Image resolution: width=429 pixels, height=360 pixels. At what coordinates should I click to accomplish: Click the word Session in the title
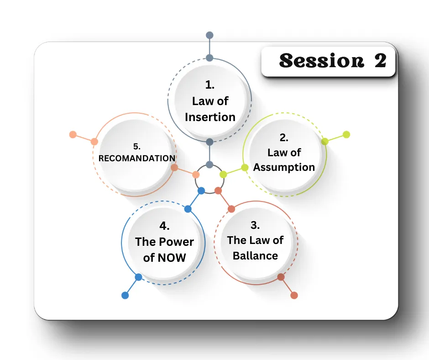click(321, 61)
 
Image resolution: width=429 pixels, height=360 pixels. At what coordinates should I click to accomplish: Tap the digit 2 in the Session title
click(380, 61)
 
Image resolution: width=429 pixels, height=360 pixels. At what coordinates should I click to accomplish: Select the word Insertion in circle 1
click(210, 117)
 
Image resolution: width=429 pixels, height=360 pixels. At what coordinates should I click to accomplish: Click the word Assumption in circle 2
click(284, 167)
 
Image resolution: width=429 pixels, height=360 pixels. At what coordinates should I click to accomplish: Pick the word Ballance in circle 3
click(255, 256)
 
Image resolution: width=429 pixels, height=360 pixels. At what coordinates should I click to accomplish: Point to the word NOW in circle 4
click(172, 258)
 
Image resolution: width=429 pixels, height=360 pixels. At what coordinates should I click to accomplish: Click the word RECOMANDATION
click(137, 159)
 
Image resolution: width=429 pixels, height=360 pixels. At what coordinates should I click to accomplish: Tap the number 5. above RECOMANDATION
click(137, 147)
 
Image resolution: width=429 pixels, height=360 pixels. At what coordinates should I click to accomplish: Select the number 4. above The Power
click(164, 226)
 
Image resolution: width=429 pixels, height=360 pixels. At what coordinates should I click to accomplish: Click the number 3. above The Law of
click(255, 225)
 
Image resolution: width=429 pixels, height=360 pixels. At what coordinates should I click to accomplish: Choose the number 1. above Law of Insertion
click(210, 85)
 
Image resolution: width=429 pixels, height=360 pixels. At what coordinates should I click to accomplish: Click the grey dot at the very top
click(209, 35)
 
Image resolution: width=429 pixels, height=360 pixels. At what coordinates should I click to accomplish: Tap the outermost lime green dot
click(346, 134)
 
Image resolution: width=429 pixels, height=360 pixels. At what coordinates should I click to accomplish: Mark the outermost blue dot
click(125, 295)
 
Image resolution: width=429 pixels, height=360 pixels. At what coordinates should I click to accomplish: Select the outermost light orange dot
click(73, 134)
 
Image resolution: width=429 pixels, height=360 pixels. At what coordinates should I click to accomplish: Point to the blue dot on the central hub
click(201, 191)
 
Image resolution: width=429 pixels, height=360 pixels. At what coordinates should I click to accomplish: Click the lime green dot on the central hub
click(223, 174)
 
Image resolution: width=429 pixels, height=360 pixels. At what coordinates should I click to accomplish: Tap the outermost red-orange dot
click(294, 295)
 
